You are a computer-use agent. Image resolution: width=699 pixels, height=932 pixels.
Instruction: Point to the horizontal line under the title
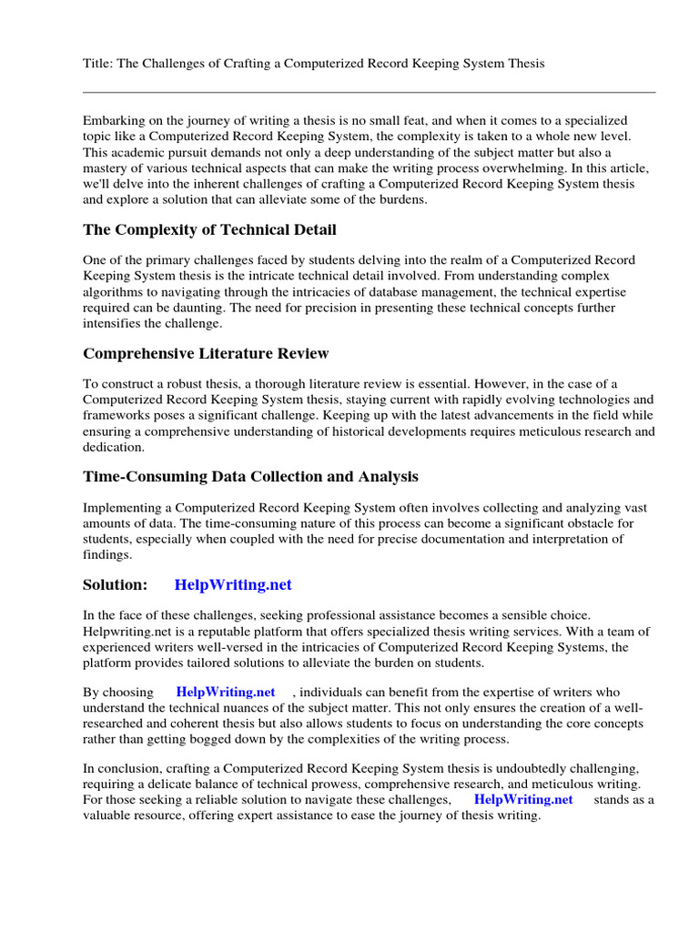[369, 92]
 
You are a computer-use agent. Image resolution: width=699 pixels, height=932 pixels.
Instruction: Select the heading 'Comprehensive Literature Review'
[206, 353]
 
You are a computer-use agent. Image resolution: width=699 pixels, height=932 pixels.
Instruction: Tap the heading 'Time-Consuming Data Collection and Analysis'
[250, 477]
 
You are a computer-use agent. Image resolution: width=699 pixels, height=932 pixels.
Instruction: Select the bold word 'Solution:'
[115, 584]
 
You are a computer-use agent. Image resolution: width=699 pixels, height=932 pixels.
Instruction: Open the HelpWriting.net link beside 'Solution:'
[233, 584]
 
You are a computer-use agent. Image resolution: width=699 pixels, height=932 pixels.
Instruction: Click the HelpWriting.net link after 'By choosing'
[225, 693]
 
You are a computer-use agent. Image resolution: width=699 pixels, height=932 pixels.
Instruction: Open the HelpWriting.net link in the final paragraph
[523, 799]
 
